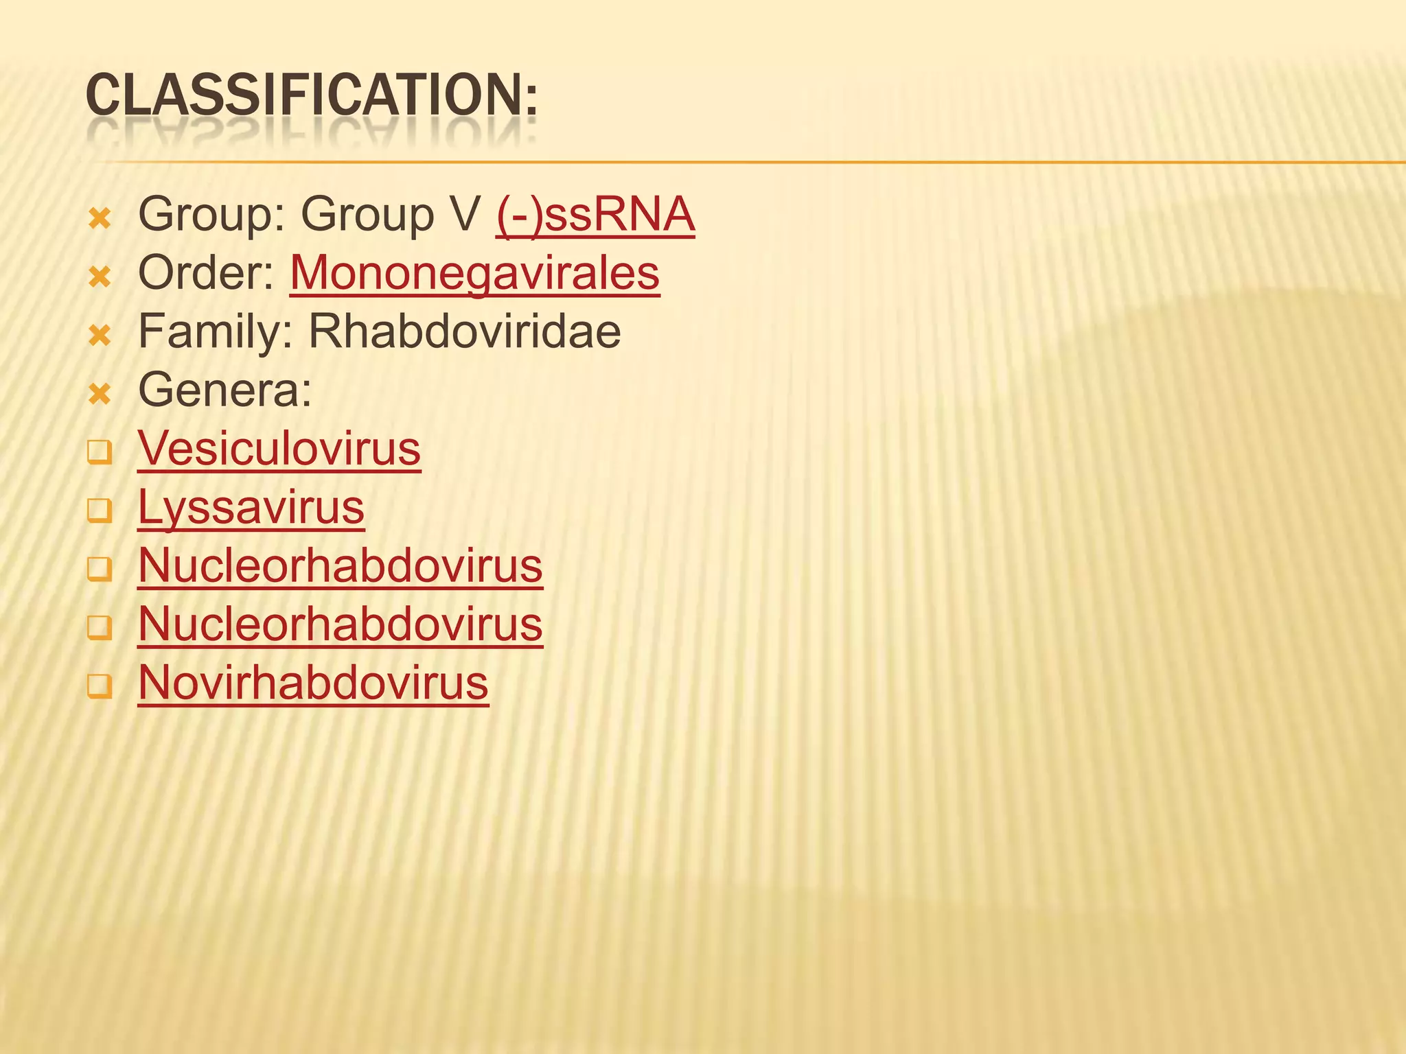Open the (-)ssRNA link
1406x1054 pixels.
coord(595,215)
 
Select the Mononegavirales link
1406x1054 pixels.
coord(474,273)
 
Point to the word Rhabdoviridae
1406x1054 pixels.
coord(465,332)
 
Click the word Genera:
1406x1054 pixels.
coord(225,390)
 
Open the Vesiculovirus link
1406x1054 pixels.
coord(279,449)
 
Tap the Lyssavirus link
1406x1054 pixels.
coord(251,508)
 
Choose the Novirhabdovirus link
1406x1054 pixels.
coord(313,683)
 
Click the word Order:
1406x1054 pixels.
coord(207,273)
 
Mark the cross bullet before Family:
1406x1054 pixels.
coord(100,336)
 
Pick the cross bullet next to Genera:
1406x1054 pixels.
coord(100,395)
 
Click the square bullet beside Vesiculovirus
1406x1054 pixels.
coord(100,453)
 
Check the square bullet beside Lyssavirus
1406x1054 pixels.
coord(100,511)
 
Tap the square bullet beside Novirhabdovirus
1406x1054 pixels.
coord(100,687)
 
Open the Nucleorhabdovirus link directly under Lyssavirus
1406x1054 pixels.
coord(340,567)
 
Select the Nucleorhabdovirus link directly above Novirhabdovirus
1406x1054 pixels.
coord(340,625)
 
